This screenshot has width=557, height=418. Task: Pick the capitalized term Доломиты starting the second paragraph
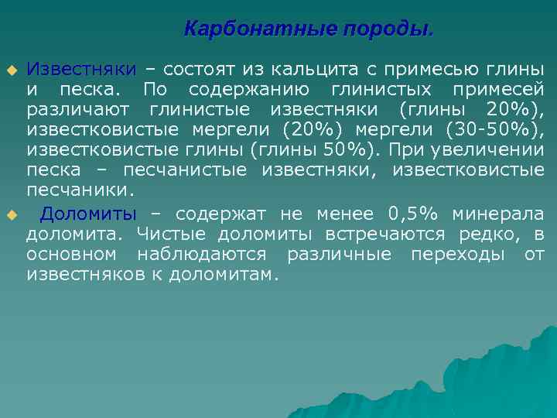[88, 214]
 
